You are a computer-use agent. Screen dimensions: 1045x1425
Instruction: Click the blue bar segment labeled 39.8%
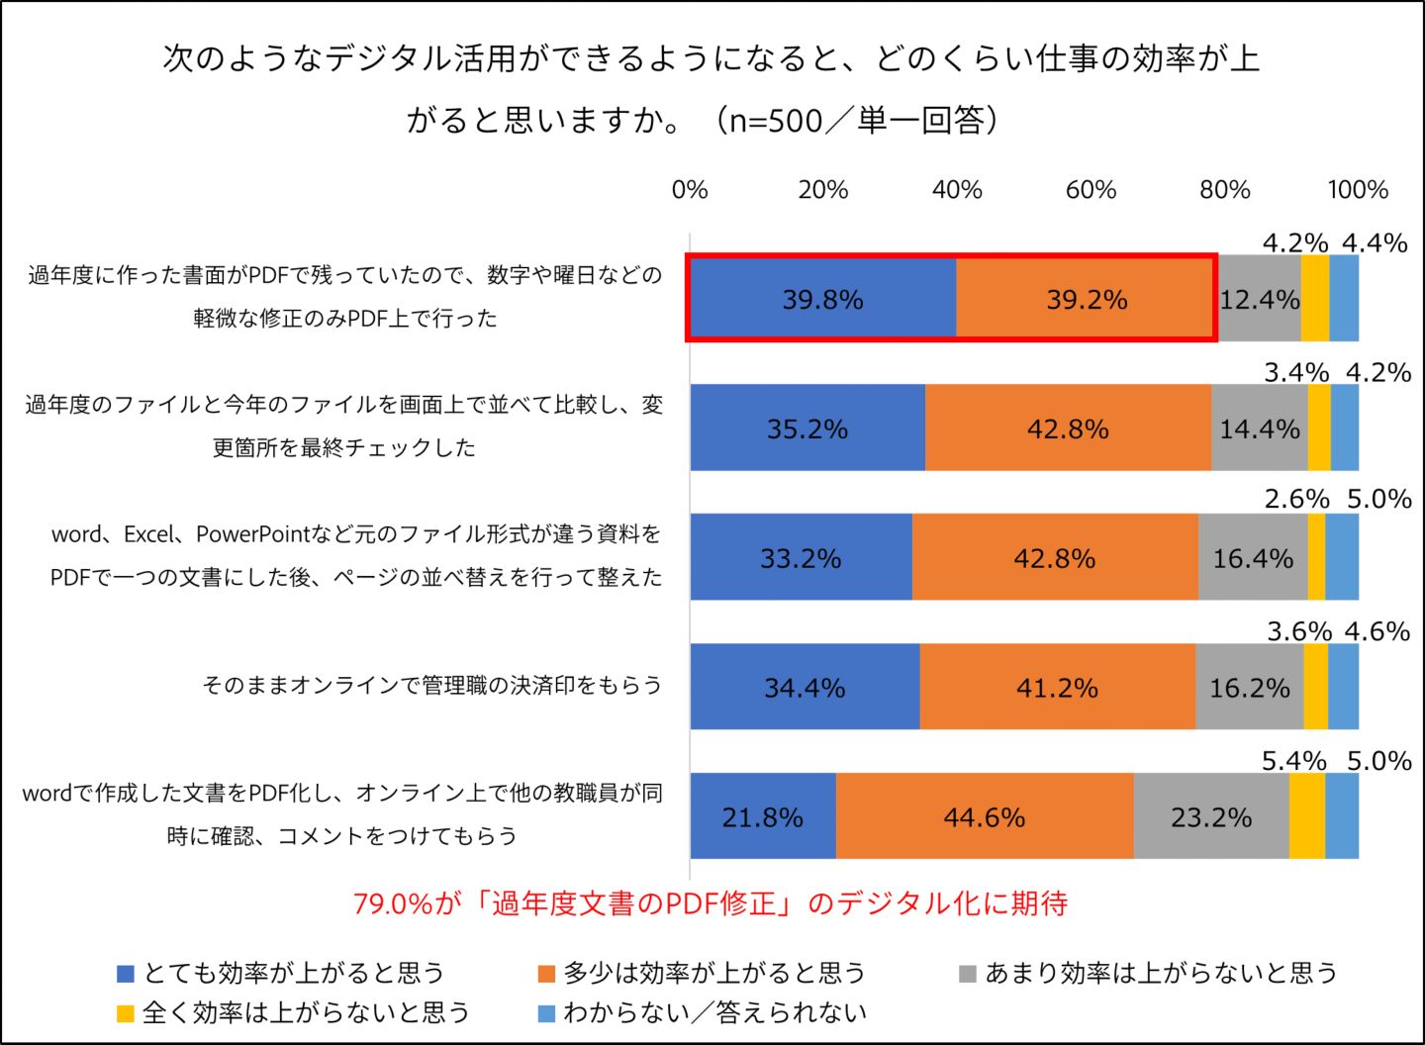click(822, 299)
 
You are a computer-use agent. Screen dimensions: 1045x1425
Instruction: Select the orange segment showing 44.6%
click(984, 816)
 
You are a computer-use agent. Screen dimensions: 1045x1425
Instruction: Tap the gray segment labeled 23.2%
click(1210, 816)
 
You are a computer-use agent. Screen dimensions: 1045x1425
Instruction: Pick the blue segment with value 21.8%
click(762, 816)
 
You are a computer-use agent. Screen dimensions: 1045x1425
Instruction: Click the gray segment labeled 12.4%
click(1259, 299)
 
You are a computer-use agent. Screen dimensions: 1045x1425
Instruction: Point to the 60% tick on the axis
click(1091, 190)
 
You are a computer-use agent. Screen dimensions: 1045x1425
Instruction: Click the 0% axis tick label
click(690, 190)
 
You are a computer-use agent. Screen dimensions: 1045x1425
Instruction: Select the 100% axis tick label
click(1358, 190)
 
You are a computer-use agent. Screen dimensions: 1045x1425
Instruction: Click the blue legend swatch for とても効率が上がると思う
click(126, 974)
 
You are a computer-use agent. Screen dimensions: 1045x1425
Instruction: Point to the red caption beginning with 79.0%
click(711, 903)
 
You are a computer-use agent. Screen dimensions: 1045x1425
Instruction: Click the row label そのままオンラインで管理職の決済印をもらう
click(431, 685)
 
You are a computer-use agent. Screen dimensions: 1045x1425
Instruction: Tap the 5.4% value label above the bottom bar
click(1293, 761)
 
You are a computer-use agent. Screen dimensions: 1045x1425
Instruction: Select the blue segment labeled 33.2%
click(801, 558)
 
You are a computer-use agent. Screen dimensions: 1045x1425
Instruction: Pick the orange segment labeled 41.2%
click(1057, 688)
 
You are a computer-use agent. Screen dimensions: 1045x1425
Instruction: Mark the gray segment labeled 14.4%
click(1259, 428)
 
